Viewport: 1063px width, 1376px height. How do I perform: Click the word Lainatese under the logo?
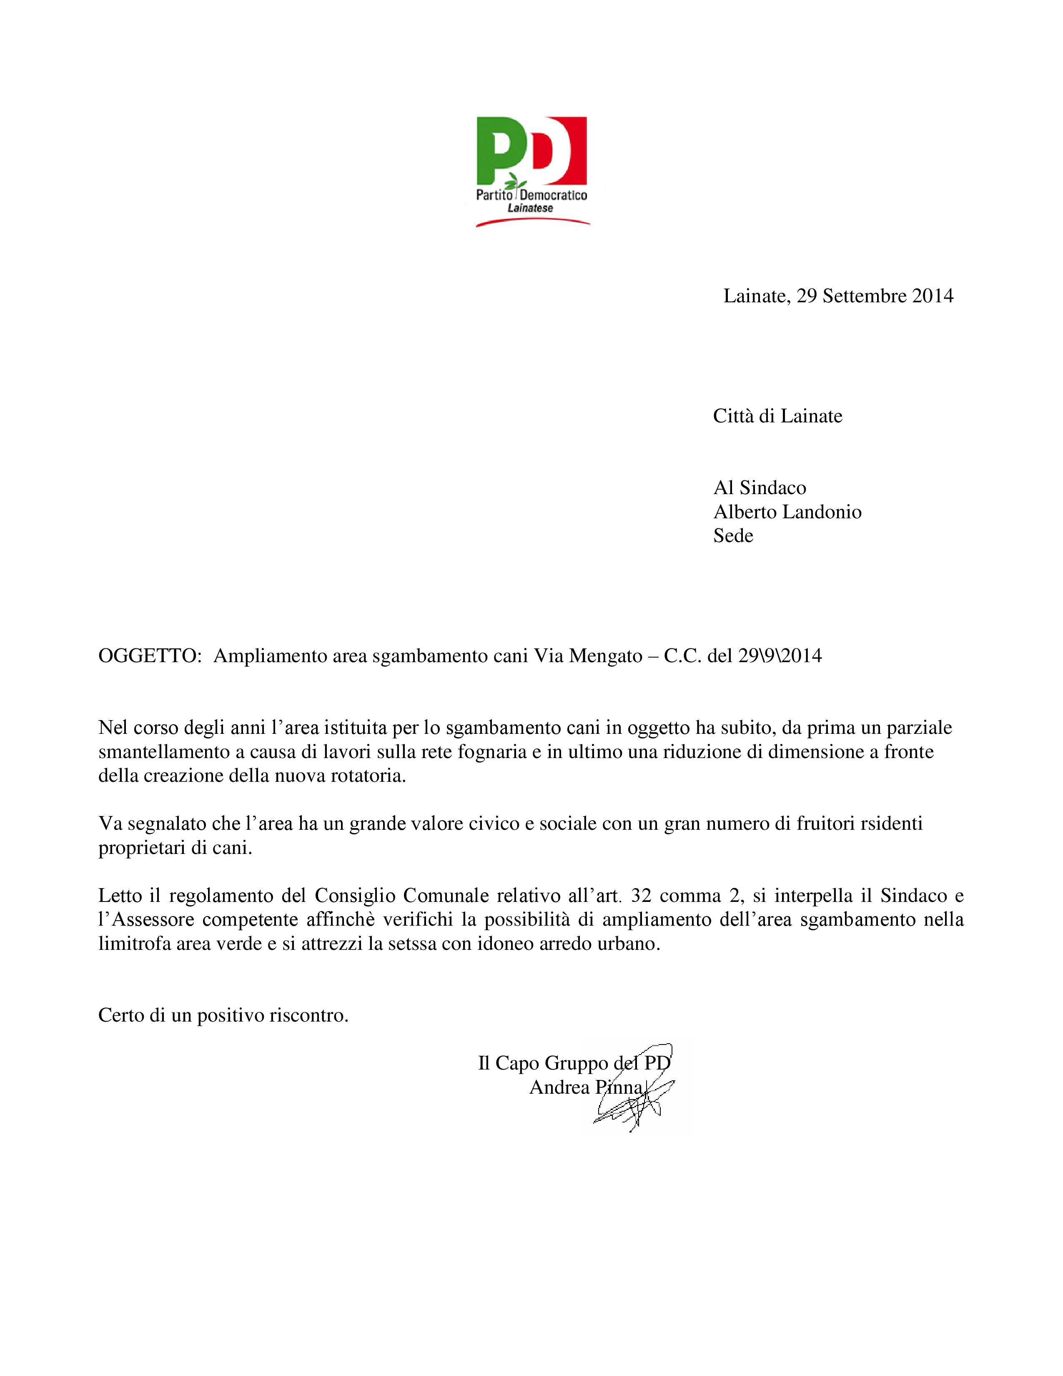pos(530,208)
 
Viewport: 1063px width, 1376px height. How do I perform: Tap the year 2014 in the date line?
pos(933,296)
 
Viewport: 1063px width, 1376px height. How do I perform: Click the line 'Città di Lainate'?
pos(777,416)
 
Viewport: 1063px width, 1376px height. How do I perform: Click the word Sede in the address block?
pos(733,535)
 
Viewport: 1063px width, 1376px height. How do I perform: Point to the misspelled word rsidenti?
pos(891,824)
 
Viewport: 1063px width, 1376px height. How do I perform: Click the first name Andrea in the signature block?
pos(559,1087)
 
